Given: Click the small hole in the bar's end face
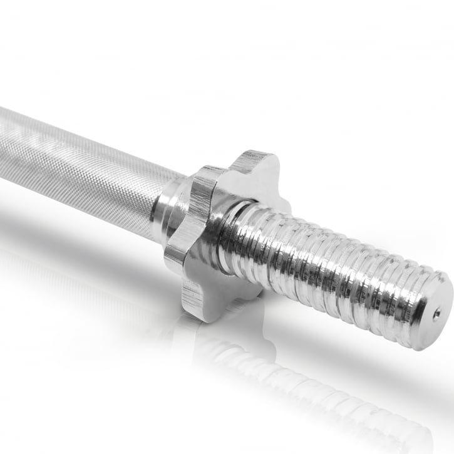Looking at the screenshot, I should pos(436,313).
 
